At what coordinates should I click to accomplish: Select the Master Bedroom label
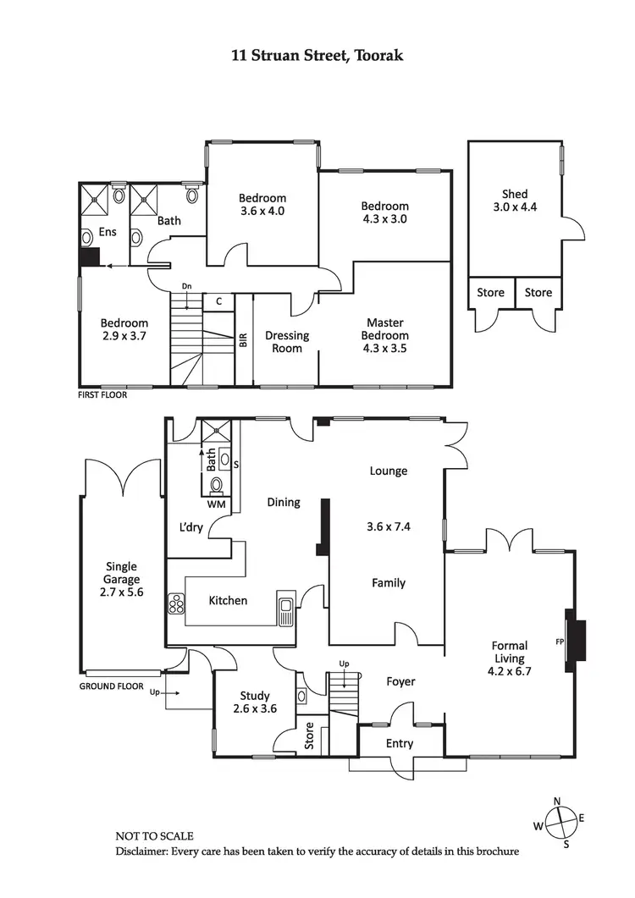(384, 335)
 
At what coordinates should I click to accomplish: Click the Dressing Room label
(286, 341)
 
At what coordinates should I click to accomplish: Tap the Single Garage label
(122, 579)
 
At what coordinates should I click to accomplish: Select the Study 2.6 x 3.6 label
(255, 703)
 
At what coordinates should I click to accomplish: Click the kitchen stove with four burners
(177, 603)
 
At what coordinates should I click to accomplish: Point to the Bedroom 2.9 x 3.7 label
(124, 329)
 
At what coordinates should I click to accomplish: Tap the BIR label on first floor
(244, 341)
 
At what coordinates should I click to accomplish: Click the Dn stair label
(187, 286)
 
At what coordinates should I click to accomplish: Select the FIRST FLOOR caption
(103, 394)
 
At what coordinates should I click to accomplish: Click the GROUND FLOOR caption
(112, 686)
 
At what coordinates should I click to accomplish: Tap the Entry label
(400, 744)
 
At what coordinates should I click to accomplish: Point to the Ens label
(107, 231)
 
